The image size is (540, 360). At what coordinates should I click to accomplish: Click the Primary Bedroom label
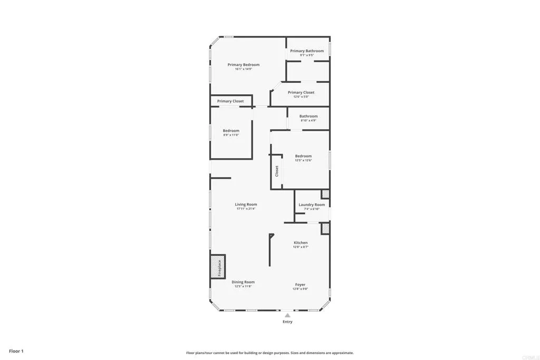tap(243, 65)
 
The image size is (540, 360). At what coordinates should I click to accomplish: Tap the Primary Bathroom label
tap(307, 51)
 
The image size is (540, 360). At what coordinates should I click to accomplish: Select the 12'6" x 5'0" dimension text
tap(301, 96)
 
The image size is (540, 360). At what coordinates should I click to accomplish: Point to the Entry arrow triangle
tap(287, 315)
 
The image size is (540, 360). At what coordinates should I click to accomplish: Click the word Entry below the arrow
tap(287, 322)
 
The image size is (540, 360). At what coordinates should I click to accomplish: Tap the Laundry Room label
tap(312, 205)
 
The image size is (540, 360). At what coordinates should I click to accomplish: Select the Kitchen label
tap(301, 242)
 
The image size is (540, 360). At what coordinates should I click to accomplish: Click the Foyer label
tap(300, 285)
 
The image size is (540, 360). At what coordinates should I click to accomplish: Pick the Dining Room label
tap(243, 282)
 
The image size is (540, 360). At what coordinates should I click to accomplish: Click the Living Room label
tap(246, 205)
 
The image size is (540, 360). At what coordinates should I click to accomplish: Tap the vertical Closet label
tap(276, 171)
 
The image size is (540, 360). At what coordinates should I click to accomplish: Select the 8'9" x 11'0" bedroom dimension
tap(231, 135)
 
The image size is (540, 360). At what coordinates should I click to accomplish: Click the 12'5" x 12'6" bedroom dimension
tap(303, 160)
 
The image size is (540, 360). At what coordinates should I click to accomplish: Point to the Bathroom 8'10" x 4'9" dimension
tap(308, 120)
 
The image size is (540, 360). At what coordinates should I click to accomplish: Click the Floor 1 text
tap(16, 351)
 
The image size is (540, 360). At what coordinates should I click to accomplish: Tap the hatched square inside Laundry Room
tap(325, 194)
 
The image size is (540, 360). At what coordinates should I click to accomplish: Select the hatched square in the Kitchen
tap(325, 228)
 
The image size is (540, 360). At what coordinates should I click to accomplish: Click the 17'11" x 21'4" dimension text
tap(246, 209)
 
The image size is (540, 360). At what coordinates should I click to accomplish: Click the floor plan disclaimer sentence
tap(269, 353)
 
